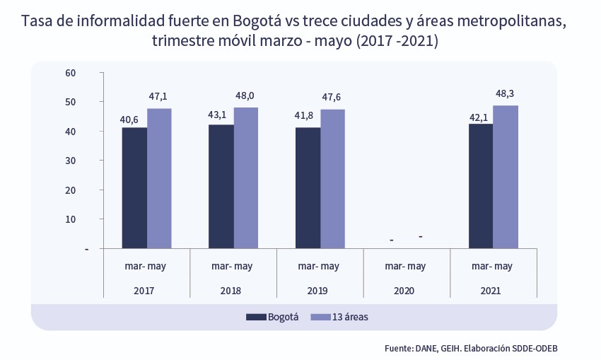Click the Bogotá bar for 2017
point(134,187)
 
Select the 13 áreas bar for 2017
point(159,178)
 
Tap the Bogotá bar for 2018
point(221,186)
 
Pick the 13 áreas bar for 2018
point(245,178)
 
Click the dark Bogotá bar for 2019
point(308,187)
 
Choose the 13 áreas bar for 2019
point(332,178)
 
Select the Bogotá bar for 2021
point(481,186)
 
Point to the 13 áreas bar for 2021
point(506,177)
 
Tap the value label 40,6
point(129,119)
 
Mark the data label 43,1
point(216,114)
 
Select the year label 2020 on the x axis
point(404,291)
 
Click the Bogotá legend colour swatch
point(255,318)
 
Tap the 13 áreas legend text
point(350,318)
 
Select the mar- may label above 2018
point(232,267)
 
